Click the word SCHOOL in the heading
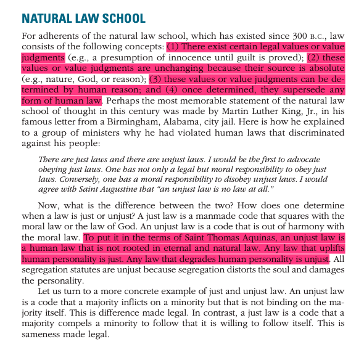(120, 19)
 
